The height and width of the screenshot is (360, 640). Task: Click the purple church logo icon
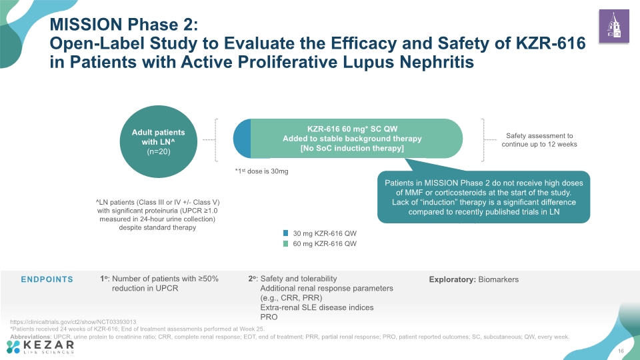click(x=614, y=26)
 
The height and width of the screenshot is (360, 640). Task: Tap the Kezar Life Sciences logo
click(x=41, y=347)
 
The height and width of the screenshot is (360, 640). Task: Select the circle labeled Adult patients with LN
click(x=159, y=141)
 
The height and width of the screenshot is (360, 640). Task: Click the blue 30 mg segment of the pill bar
click(x=242, y=139)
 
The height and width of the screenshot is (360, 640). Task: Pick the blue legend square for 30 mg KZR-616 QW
click(x=286, y=233)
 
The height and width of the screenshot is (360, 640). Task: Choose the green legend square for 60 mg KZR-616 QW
click(x=286, y=244)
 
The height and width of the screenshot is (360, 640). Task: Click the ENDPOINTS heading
click(x=47, y=279)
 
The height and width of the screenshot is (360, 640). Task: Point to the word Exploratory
click(x=452, y=279)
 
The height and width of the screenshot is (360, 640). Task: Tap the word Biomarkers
click(x=499, y=279)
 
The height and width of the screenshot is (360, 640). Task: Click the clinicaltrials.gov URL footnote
click(x=73, y=321)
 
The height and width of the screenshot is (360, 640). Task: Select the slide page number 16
click(x=621, y=351)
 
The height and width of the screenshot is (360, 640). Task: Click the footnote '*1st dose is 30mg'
click(x=261, y=171)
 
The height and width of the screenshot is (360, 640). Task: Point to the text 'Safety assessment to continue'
click(x=539, y=140)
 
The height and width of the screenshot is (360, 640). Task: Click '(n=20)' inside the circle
click(x=159, y=151)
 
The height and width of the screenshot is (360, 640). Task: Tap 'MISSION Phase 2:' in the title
click(x=124, y=25)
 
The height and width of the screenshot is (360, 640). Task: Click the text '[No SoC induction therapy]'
click(x=352, y=148)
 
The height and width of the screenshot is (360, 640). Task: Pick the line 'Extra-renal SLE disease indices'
click(x=317, y=307)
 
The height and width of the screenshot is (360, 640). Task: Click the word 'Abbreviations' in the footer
click(x=31, y=337)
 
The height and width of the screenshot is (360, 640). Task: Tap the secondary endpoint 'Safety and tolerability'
click(x=299, y=279)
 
